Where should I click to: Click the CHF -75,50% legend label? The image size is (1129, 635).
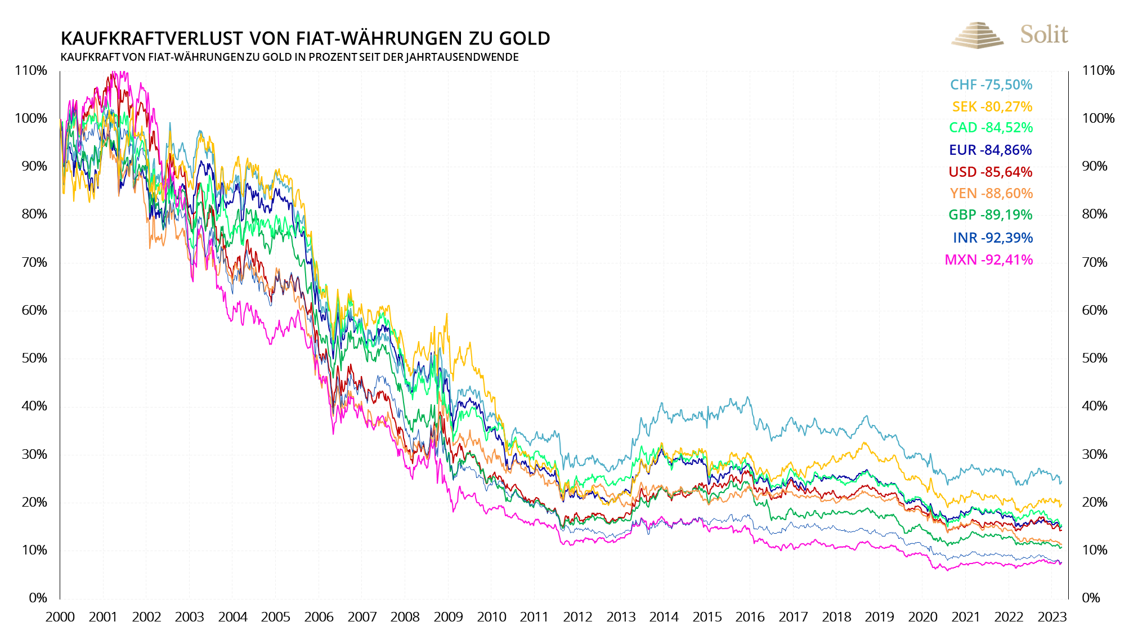tap(991, 85)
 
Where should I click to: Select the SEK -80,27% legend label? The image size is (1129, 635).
tap(992, 107)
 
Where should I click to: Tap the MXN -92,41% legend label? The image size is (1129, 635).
tap(988, 260)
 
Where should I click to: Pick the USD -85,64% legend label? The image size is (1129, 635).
tap(990, 172)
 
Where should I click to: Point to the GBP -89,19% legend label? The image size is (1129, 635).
tap(990, 215)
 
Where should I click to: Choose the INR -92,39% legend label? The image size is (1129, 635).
tap(992, 238)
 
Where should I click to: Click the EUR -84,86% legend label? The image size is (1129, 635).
tap(990, 150)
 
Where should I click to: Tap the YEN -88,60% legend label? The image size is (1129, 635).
tap(991, 194)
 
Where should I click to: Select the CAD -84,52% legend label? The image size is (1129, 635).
tap(991, 128)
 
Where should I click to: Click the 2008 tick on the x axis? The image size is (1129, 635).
tap(405, 617)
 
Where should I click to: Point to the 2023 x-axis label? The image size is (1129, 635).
tap(1052, 617)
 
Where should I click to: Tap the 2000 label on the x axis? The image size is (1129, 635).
tap(60, 617)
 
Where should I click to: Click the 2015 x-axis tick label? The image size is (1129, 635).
tap(707, 617)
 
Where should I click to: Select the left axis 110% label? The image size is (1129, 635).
tap(31, 71)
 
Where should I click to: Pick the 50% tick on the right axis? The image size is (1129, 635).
tap(1094, 358)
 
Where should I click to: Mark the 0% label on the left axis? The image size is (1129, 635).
tap(38, 598)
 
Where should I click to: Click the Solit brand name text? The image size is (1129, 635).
tap(1044, 35)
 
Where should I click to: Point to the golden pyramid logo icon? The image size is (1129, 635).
tap(977, 35)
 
